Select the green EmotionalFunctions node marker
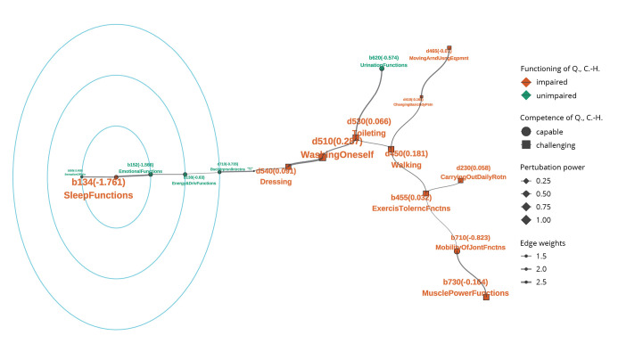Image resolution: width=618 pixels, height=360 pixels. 150,174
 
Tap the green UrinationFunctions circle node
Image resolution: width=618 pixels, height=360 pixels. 382,70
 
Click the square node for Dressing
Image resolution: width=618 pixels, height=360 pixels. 288,167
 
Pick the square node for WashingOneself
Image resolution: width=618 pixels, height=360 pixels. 323,157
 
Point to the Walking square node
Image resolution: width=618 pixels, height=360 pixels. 391,149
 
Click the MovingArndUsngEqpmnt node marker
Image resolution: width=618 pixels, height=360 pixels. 449,48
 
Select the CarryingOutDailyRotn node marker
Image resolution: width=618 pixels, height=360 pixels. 461,180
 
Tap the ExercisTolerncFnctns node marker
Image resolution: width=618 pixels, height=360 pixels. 426,193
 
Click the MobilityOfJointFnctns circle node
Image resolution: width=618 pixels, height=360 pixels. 457,251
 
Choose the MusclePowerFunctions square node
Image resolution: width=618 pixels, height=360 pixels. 486,297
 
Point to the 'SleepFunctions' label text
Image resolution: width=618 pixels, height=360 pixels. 98,194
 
